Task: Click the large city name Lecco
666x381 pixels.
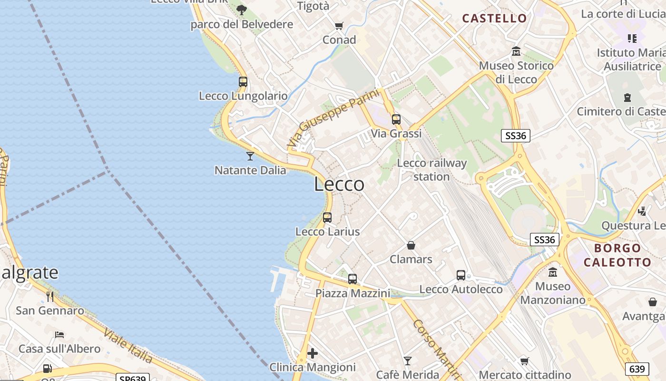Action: pyautogui.click(x=339, y=184)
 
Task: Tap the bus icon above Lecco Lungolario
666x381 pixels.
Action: pyautogui.click(x=243, y=81)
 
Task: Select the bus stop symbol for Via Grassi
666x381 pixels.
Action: pyautogui.click(x=396, y=120)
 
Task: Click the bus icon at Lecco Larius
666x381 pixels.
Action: pyautogui.click(x=327, y=218)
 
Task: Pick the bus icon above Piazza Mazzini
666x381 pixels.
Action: pyautogui.click(x=353, y=279)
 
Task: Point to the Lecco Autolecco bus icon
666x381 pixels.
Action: pyautogui.click(x=461, y=275)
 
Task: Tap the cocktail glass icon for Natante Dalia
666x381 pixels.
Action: pyautogui.click(x=250, y=156)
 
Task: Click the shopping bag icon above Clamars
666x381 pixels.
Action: pyautogui.click(x=411, y=245)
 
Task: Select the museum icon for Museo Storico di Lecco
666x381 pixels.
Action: pyautogui.click(x=516, y=51)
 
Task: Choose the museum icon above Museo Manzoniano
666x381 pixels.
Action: pyautogui.click(x=553, y=272)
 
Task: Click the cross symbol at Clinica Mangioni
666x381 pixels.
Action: pyautogui.click(x=313, y=353)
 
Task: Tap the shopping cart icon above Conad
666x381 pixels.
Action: pyautogui.click(x=339, y=26)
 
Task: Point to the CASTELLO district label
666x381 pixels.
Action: pyautogui.click(x=495, y=19)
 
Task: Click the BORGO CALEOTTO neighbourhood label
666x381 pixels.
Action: pyautogui.click(x=617, y=255)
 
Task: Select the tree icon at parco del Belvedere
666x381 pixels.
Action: pyautogui.click(x=242, y=10)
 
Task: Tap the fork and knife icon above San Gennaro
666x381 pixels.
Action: pyautogui.click(x=50, y=297)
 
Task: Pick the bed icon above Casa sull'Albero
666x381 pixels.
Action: pyautogui.click(x=59, y=335)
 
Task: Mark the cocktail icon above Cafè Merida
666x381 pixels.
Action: pyautogui.click(x=408, y=361)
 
